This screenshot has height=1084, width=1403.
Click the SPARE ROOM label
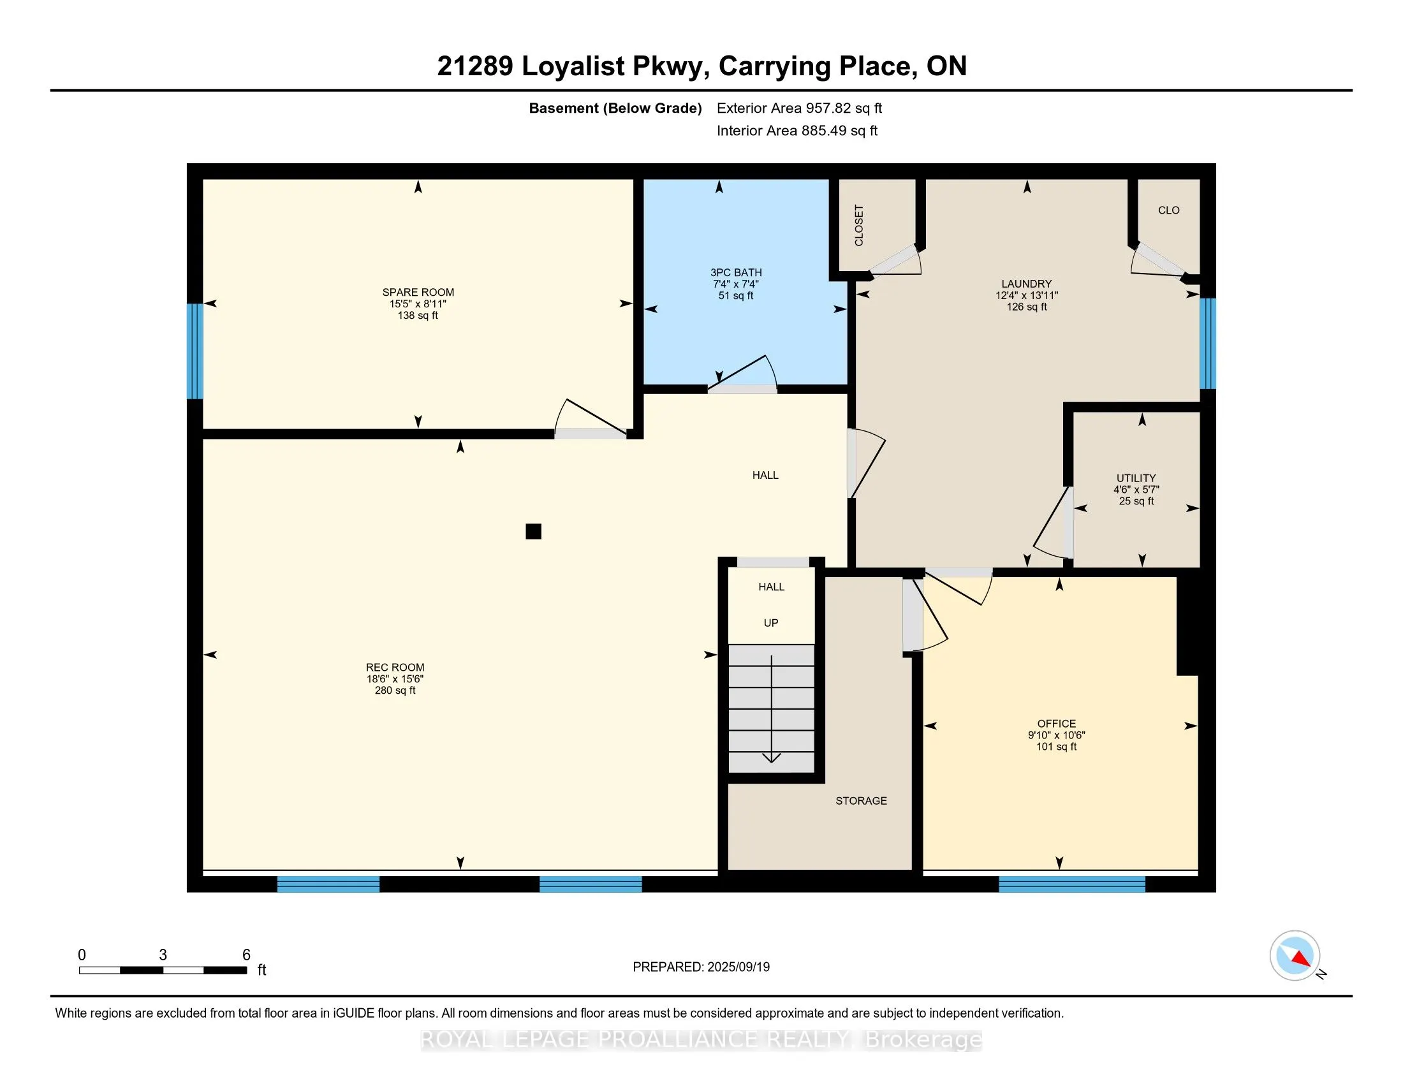[x=418, y=292]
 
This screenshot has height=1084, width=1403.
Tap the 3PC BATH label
[x=736, y=272]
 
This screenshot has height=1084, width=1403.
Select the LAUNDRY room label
[x=1027, y=284]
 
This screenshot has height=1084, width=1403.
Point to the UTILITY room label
[x=1136, y=478]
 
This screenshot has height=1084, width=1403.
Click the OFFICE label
[x=1056, y=723]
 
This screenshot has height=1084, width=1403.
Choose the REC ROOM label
[x=395, y=667]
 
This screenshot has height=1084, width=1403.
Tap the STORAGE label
[x=861, y=801]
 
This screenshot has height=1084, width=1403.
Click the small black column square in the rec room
[x=533, y=531]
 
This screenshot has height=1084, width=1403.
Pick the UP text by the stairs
[x=771, y=623]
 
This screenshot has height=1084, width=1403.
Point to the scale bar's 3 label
[x=163, y=955]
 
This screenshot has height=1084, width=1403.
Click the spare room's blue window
[x=195, y=351]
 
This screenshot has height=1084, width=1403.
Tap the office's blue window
[x=1071, y=884]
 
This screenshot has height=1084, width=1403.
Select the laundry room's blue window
[x=1208, y=344]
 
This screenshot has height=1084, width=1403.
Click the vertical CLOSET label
[x=859, y=224]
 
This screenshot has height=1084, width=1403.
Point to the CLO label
[x=1168, y=210]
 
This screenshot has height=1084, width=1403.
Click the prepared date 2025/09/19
[x=737, y=967]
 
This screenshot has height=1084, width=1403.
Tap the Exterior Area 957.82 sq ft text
[x=800, y=108]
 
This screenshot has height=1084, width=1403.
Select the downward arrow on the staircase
[x=771, y=709]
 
